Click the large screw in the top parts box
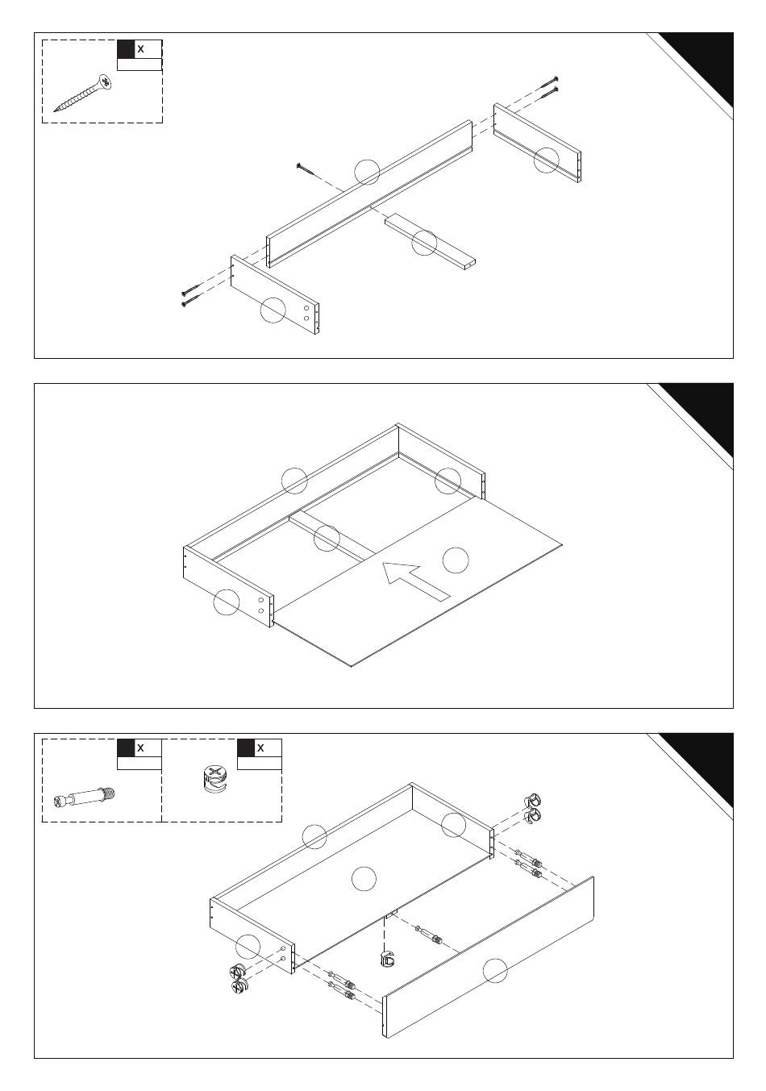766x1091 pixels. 84,93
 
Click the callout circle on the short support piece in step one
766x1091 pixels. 424,243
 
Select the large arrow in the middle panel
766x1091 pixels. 415,580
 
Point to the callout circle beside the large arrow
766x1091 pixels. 456,560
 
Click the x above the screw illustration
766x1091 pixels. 141,49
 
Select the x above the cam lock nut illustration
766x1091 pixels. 260,747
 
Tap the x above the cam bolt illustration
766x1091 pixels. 141,747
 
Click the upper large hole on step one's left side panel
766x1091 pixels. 306,308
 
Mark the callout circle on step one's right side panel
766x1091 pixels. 547,160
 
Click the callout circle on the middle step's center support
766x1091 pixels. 327,538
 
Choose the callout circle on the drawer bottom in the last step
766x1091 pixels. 364,879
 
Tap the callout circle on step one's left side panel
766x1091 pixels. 273,310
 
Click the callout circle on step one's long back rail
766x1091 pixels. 367,172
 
